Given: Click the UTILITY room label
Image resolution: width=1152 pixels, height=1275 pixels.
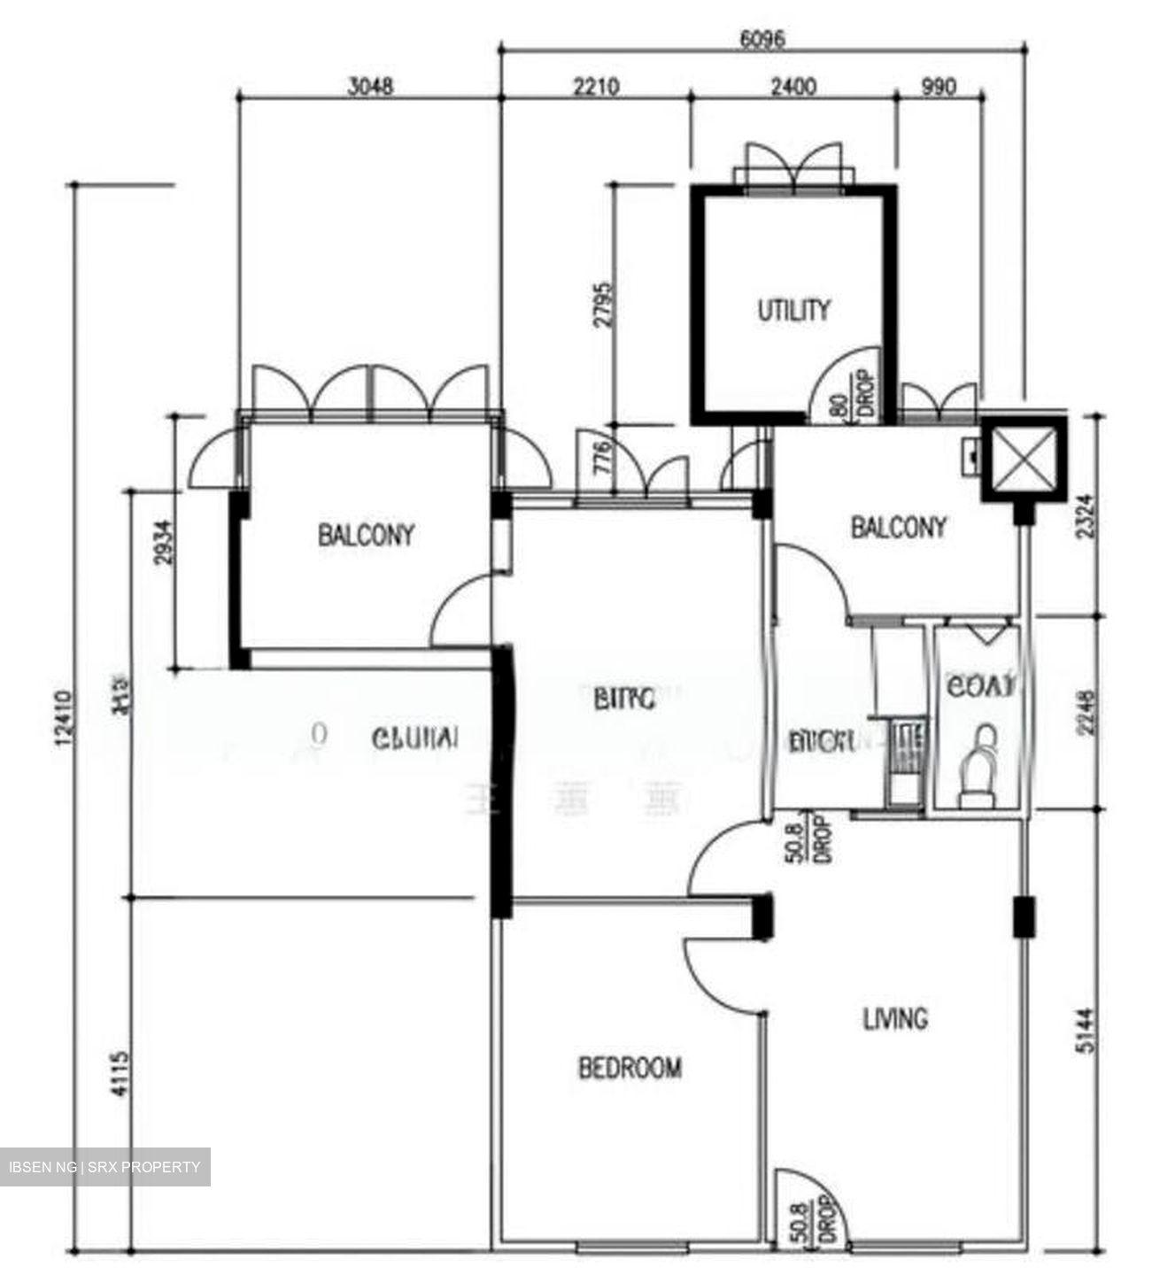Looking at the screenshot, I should tap(794, 310).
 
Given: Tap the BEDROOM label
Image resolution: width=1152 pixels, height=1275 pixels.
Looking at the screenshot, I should tap(630, 1068).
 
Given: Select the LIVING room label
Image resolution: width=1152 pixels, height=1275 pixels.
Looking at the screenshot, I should tap(895, 1019).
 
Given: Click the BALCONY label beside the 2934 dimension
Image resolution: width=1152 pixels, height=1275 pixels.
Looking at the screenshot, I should tap(366, 535).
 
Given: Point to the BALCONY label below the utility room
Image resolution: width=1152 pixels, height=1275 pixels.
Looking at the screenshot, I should tap(899, 528).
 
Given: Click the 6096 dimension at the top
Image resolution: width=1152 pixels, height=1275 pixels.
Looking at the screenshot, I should tap(762, 39).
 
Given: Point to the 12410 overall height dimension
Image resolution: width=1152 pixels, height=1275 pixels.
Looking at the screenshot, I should tap(60, 718).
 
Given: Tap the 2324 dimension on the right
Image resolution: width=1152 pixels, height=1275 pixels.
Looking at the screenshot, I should tap(1088, 516).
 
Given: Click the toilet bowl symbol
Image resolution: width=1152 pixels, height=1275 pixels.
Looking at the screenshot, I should tap(978, 766).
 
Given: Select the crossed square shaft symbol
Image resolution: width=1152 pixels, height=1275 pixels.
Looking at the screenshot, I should tap(1024, 457).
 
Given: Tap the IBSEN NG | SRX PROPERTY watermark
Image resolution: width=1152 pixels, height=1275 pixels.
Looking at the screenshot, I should tap(105, 1166).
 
